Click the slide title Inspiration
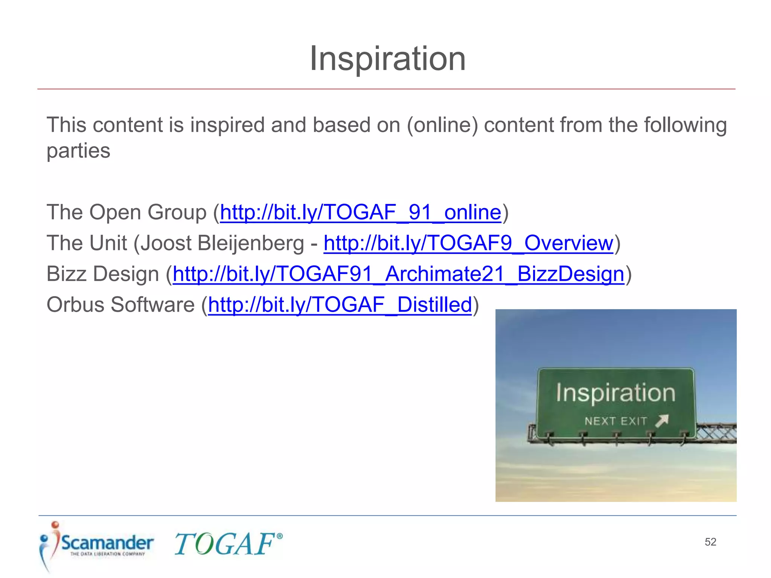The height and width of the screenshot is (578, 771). [387, 59]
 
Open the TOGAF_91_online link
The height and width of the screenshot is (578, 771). [360, 212]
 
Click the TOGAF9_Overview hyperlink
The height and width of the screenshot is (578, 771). [468, 243]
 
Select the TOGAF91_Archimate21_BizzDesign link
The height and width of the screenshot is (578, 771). [398, 274]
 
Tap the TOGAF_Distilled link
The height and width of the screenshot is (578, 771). [340, 305]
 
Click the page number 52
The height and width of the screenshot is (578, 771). [710, 542]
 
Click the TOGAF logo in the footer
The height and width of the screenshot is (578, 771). [225, 544]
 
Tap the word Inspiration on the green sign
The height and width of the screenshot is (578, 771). [616, 393]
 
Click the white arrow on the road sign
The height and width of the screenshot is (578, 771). [662, 420]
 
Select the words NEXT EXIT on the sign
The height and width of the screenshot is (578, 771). [616, 421]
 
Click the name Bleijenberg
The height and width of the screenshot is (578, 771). [250, 243]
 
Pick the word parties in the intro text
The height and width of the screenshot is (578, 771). [78, 151]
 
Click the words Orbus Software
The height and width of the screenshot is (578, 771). [120, 305]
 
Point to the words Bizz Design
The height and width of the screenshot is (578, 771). [102, 274]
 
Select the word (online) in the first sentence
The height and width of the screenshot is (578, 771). [442, 125]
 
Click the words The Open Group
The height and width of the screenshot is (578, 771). [126, 212]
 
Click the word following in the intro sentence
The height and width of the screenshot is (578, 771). [685, 125]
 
